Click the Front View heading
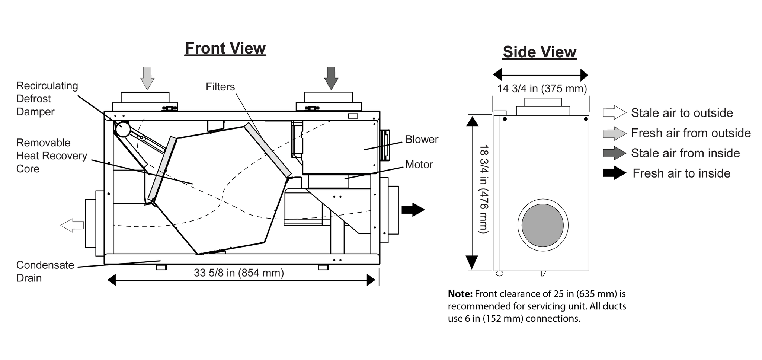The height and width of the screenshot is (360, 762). tap(225, 48)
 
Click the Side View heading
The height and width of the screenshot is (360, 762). tap(540, 52)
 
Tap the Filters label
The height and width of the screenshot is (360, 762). tap(220, 87)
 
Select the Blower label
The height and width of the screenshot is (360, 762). tap(422, 139)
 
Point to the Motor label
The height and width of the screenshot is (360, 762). tap(419, 165)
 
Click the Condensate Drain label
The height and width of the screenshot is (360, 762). tap(45, 271)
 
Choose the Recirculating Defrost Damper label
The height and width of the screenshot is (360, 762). tap(47, 99)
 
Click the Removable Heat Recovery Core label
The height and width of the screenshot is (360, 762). tap(52, 156)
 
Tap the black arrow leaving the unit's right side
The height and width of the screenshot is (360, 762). tap(413, 209)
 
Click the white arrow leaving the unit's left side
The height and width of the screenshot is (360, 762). tap(72, 225)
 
